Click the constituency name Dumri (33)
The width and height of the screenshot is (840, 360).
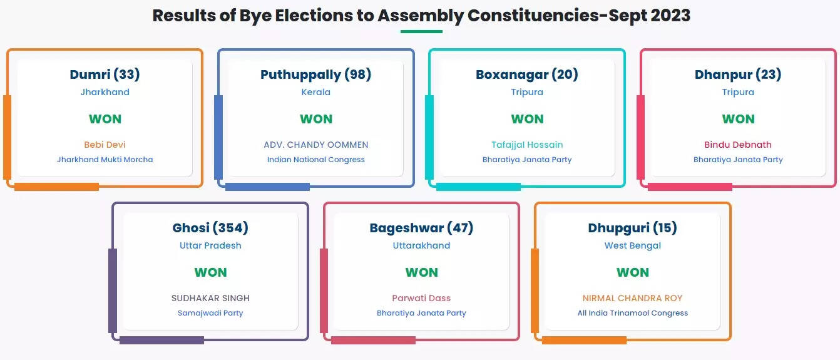105,75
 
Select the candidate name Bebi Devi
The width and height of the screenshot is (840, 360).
105,145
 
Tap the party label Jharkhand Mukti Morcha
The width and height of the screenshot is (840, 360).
105,160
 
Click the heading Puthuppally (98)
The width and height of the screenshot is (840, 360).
315,75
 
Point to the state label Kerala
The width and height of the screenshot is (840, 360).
315,92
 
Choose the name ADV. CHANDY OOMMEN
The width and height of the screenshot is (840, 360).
315,145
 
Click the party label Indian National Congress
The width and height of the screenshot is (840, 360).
315,160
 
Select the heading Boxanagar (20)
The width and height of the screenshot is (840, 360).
527,75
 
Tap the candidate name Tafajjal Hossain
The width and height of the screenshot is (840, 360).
527,145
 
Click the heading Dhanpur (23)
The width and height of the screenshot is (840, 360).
738,75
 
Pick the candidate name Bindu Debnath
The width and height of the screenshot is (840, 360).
738,145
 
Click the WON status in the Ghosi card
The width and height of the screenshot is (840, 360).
210,272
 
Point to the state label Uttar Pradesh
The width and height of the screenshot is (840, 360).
210,245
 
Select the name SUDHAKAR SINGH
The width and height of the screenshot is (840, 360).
210,298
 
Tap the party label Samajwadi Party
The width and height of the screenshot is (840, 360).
210,313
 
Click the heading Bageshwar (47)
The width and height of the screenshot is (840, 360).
421,228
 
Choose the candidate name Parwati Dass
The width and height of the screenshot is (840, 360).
421,298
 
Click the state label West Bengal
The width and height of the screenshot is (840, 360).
633,245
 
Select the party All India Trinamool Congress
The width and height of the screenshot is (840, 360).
633,313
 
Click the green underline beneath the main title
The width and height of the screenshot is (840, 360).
421,31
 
